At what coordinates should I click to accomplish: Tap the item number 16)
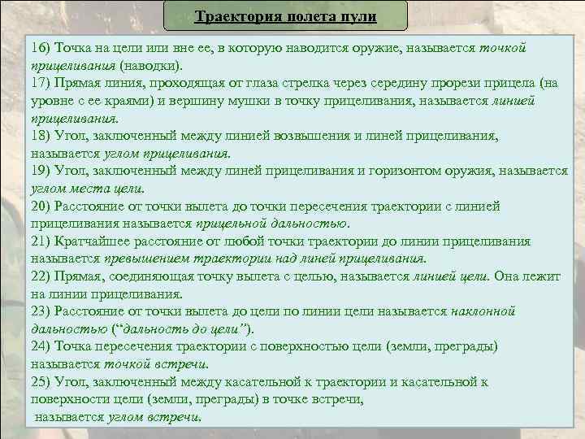[42, 48]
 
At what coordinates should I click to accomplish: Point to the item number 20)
[42, 206]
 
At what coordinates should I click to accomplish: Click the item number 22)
[42, 276]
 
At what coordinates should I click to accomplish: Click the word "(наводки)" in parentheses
[152, 64]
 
